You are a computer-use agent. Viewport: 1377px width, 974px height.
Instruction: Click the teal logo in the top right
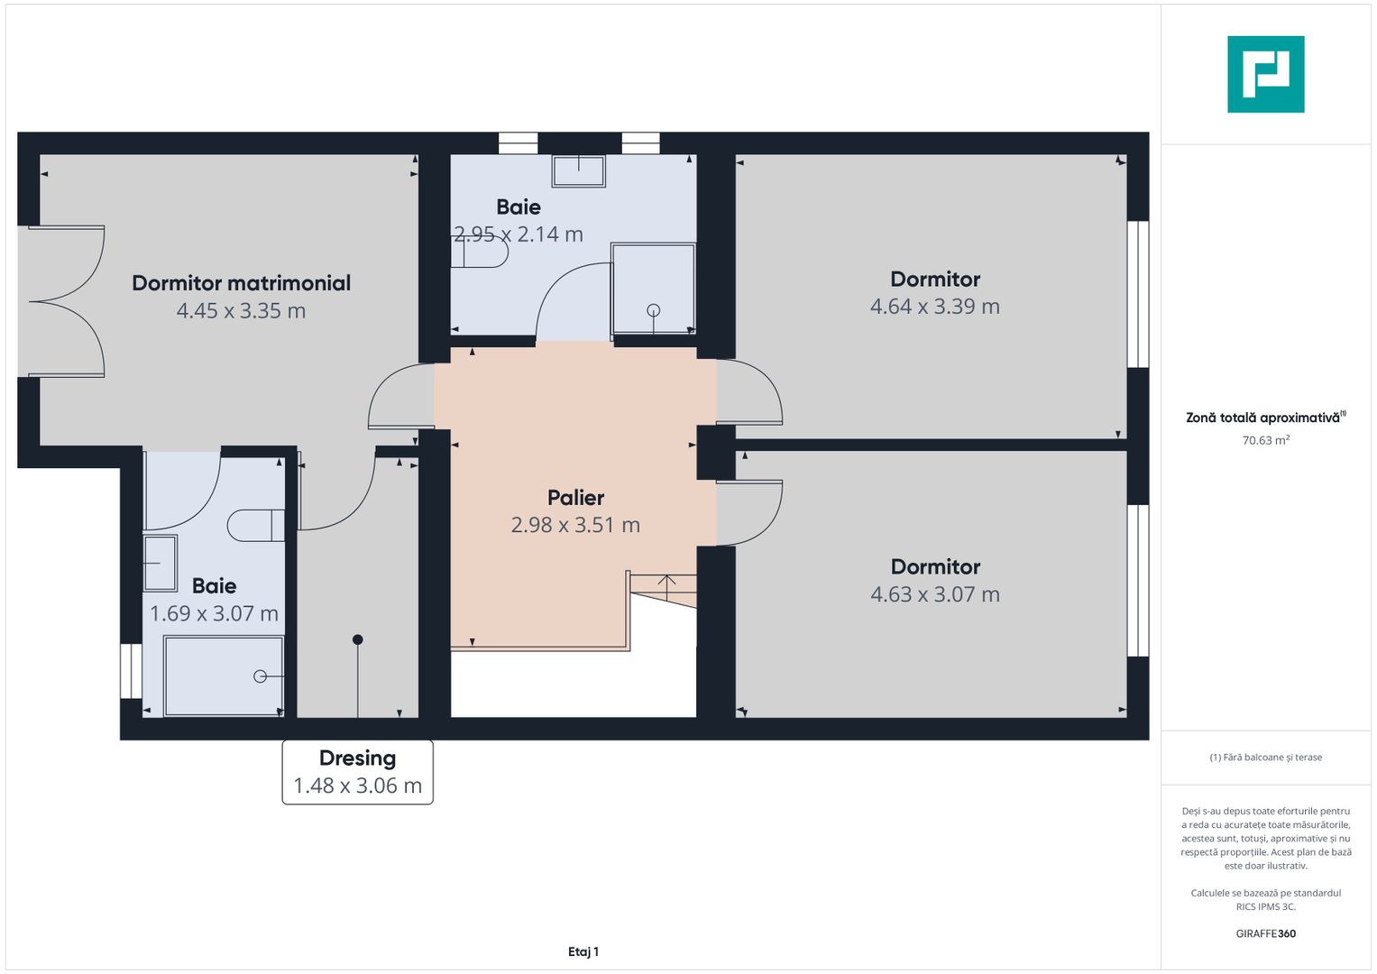point(1265,74)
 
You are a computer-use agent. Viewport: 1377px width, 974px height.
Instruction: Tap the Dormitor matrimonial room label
point(241,283)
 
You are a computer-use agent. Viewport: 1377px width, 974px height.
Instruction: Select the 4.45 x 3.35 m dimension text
point(241,311)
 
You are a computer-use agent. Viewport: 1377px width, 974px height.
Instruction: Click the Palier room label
point(575,498)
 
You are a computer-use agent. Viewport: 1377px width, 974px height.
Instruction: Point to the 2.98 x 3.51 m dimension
point(575,525)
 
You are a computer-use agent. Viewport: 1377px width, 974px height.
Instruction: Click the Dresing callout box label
point(357,758)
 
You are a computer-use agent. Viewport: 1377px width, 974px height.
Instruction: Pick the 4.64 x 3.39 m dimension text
point(934,307)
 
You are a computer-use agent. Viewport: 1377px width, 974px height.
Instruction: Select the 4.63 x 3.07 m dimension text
point(934,594)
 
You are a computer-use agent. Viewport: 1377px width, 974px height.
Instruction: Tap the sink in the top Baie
point(578,170)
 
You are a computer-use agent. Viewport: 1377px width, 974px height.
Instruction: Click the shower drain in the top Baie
point(654,310)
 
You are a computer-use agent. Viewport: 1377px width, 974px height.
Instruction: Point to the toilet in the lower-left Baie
point(255,526)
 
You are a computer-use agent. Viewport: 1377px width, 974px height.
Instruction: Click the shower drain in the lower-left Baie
point(260,676)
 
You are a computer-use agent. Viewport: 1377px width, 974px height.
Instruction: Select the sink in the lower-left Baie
point(161,563)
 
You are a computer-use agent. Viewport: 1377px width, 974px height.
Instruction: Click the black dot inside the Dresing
point(358,639)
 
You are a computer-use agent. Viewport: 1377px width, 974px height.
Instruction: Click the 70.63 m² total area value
point(1265,441)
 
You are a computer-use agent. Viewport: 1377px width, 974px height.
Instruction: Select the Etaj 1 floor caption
point(583,951)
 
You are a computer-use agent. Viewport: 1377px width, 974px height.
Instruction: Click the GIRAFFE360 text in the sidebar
point(1265,933)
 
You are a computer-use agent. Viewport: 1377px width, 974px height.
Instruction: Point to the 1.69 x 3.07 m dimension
point(214,614)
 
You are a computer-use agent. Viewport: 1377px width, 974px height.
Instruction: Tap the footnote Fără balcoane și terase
point(1265,758)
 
